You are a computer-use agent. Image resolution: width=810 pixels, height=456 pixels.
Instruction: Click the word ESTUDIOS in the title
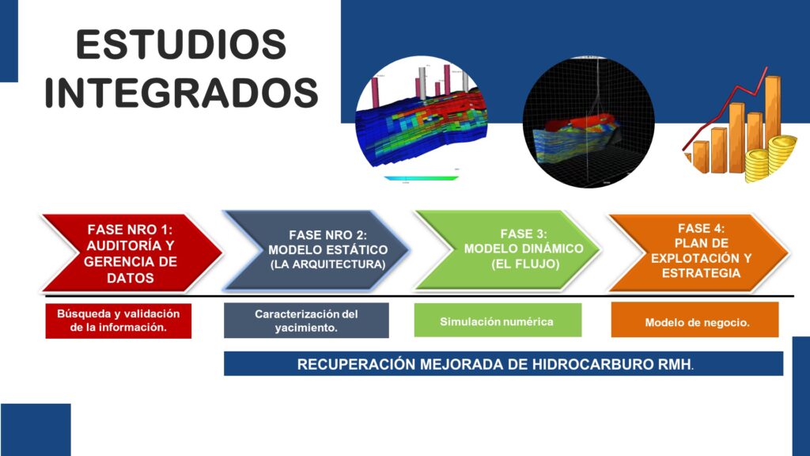(x=181, y=44)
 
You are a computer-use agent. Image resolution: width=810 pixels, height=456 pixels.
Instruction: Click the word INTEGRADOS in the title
(x=181, y=93)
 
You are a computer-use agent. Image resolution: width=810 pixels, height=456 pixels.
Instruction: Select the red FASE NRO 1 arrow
(x=132, y=253)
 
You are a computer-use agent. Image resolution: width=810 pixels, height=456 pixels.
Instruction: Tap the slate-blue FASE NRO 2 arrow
(x=316, y=250)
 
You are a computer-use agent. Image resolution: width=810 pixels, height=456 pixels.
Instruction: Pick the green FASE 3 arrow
(x=508, y=249)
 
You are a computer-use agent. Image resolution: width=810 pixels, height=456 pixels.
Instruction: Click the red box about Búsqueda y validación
(x=119, y=321)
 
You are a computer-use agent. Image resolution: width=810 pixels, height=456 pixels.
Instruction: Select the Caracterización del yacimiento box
(x=306, y=321)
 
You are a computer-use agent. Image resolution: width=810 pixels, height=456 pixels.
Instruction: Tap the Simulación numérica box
(x=498, y=321)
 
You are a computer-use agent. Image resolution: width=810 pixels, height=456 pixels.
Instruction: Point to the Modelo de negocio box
(x=695, y=321)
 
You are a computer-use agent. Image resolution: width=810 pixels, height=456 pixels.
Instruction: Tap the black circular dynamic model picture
(x=589, y=123)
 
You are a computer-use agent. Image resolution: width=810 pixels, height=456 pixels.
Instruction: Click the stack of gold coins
(x=770, y=158)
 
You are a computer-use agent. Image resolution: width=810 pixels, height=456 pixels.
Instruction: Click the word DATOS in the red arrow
(x=131, y=278)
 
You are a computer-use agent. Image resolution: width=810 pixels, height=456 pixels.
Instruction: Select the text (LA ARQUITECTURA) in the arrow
(x=327, y=264)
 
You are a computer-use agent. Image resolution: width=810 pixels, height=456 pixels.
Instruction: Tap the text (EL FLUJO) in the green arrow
(x=525, y=264)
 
